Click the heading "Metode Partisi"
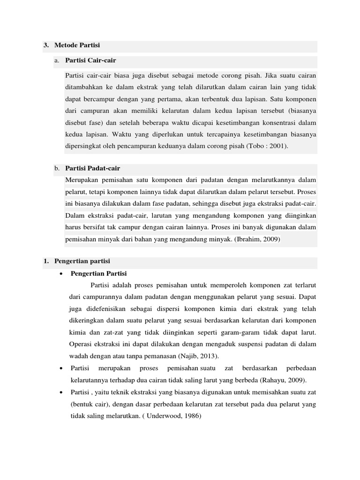77,45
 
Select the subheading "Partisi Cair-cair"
91,60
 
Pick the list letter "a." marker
57,61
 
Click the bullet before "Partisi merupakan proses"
61,368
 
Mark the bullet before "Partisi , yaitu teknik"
61,392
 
